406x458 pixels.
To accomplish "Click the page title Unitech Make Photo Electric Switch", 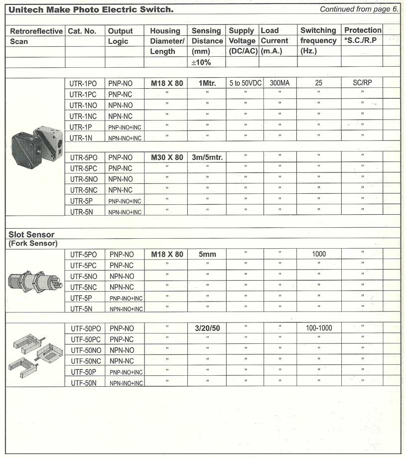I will tap(91, 9).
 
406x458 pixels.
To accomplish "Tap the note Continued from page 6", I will tap(359, 9).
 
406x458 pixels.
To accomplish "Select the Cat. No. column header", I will tap(82, 31).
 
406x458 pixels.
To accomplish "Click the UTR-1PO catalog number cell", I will tap(84, 83).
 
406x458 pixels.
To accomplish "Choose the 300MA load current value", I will tap(279, 83).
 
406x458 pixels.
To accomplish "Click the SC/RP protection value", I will tap(362, 83).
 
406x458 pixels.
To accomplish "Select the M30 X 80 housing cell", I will tap(167, 157).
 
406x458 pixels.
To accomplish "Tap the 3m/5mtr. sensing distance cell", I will tap(207, 157).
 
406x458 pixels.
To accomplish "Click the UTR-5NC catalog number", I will tap(84, 190).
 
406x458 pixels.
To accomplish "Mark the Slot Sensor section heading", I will tap(31, 234).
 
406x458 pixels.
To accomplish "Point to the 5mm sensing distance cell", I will tap(207, 254).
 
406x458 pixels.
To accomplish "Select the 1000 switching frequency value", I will tap(319, 254).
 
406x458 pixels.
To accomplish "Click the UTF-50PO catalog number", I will tap(86, 328).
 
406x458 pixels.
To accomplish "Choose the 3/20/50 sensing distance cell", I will tap(207, 328).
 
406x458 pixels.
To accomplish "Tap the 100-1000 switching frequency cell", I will tap(319, 328).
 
